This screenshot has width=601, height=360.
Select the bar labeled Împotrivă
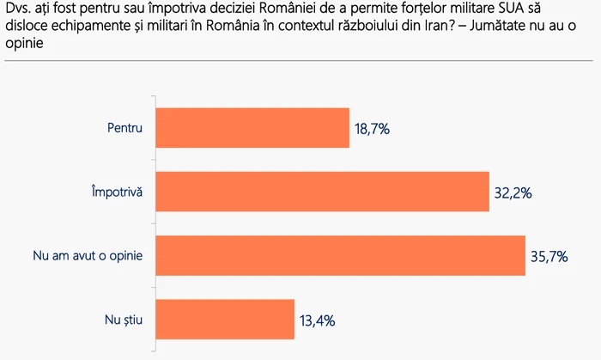[319, 192]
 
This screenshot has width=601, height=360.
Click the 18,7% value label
[372, 130]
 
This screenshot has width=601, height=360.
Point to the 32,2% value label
[513, 193]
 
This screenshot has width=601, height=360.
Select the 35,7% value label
[550, 257]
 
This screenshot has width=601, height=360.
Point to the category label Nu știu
[122, 320]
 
